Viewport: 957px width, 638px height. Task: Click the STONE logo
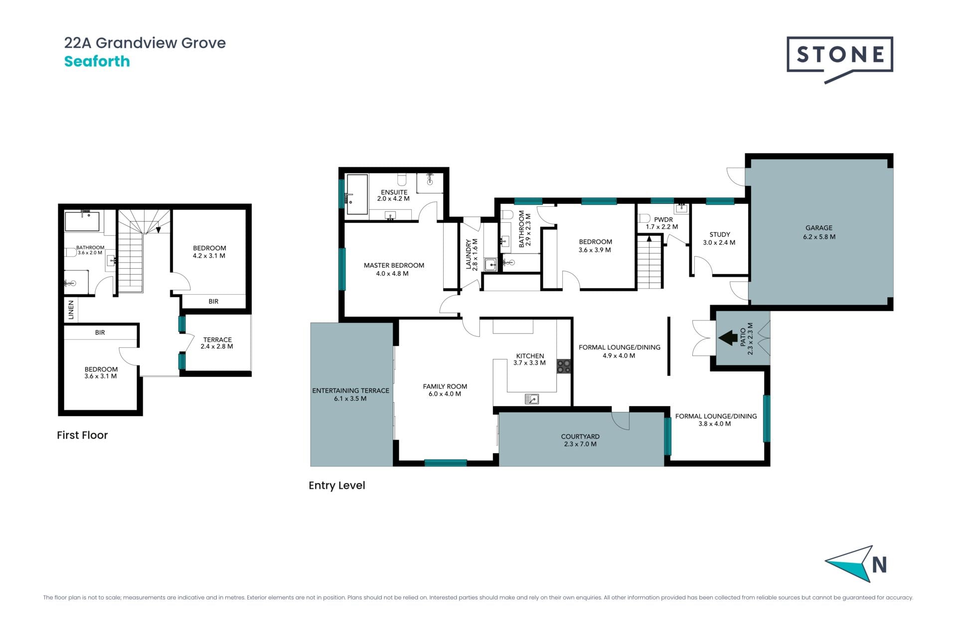point(839,59)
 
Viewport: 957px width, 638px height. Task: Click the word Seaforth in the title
point(97,61)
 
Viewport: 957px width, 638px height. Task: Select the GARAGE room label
point(819,228)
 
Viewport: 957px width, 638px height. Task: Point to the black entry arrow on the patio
point(728,337)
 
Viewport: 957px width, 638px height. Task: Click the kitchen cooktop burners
point(564,366)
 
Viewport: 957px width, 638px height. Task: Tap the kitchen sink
point(532,399)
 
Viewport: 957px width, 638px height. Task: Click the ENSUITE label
point(394,192)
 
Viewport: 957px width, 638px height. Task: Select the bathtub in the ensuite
point(357,194)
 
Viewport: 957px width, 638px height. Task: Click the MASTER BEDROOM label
point(394,265)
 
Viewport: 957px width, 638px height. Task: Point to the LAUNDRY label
point(469,254)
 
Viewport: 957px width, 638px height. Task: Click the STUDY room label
point(720,234)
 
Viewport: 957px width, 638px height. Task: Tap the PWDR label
point(663,219)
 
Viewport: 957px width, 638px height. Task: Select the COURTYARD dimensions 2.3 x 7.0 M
point(580,444)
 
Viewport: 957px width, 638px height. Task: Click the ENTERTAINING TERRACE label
point(350,390)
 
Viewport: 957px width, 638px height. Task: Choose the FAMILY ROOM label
point(445,386)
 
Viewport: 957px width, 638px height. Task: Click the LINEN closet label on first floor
point(71,310)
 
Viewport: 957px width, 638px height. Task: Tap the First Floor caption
point(82,435)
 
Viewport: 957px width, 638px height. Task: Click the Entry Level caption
point(337,485)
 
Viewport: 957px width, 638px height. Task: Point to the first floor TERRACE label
point(217,339)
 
